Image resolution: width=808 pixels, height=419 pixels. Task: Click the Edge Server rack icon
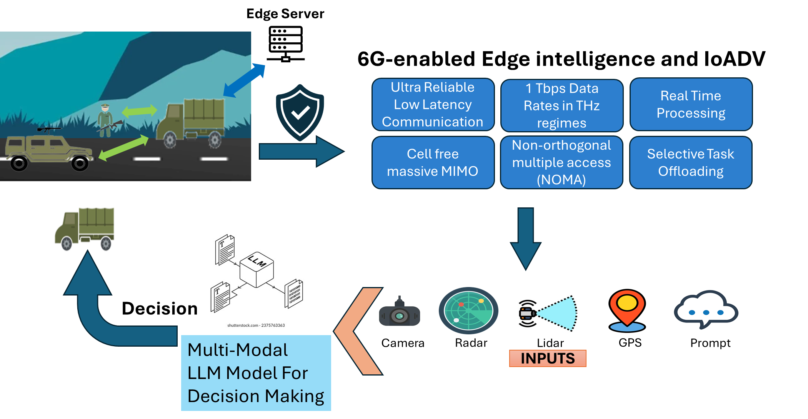(x=285, y=44)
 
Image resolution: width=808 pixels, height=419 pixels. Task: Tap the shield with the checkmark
(x=300, y=112)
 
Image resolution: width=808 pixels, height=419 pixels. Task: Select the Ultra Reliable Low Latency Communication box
(x=433, y=105)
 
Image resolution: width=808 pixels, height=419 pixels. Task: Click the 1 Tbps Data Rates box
(x=562, y=105)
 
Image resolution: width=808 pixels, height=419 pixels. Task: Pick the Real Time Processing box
(x=691, y=104)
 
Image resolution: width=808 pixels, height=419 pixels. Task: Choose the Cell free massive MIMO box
(x=433, y=162)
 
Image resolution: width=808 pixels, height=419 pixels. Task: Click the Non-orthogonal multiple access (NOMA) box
(x=561, y=162)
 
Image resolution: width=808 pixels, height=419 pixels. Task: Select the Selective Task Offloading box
(x=691, y=162)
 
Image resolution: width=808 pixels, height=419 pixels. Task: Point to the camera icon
(x=400, y=312)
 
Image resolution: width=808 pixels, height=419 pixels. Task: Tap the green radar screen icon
(x=468, y=310)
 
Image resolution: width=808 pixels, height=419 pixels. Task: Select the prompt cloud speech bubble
(x=706, y=309)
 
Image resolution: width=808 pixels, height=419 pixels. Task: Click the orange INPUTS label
(x=548, y=358)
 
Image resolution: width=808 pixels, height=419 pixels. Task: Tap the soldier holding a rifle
(x=106, y=120)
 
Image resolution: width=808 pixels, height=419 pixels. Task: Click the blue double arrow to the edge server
(x=244, y=80)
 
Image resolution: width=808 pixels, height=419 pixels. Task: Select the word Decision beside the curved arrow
(x=160, y=309)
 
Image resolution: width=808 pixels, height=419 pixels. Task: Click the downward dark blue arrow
(x=526, y=239)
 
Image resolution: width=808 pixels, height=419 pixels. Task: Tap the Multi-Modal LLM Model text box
(x=256, y=373)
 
